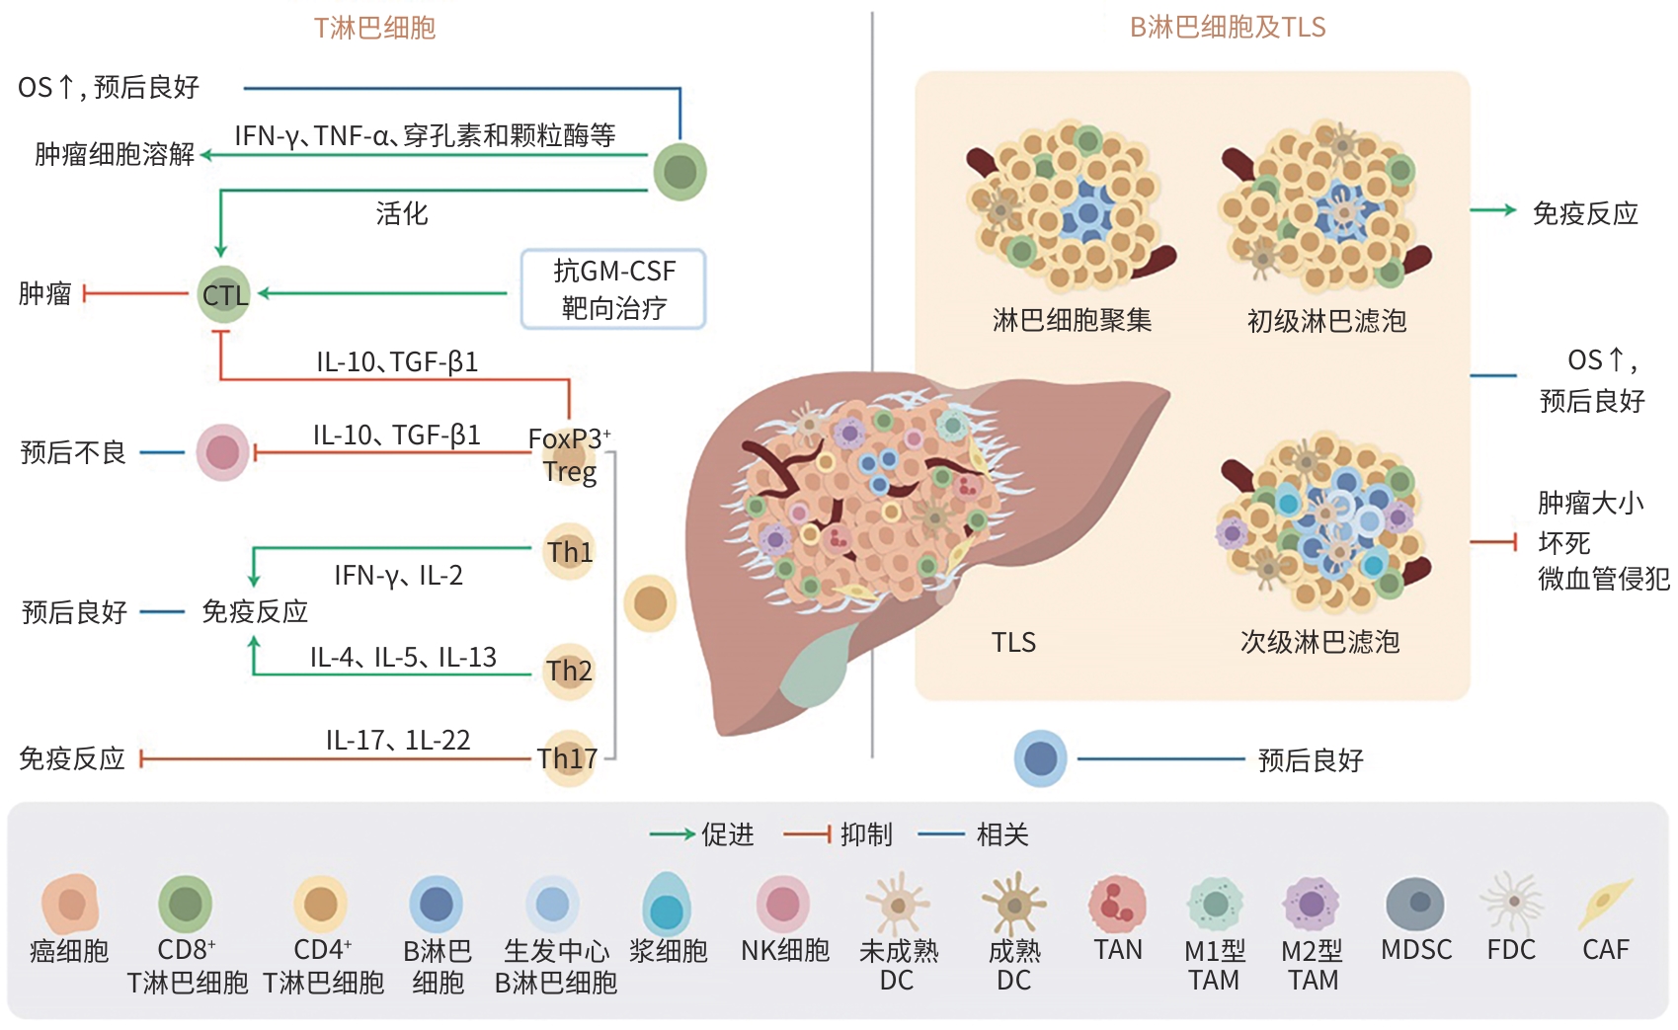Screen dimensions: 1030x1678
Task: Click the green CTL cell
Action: tap(224, 294)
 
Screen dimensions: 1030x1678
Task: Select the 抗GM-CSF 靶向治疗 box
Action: tap(613, 289)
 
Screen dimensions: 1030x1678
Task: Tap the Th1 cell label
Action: tap(570, 552)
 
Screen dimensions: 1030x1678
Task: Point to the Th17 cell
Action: tap(568, 758)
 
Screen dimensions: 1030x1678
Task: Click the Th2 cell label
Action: tap(570, 672)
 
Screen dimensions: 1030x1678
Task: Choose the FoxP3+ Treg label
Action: tap(569, 454)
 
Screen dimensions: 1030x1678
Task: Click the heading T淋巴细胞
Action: tap(374, 28)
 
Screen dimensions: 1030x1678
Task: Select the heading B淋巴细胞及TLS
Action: tap(1227, 28)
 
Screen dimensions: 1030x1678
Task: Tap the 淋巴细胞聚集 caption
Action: tap(1072, 320)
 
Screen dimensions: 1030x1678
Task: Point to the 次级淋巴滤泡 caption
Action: tap(1319, 642)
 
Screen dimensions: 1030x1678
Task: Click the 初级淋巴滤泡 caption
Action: tap(1325, 320)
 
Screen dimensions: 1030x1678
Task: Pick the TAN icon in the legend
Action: tap(1117, 903)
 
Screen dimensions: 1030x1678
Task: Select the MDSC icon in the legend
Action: tap(1415, 903)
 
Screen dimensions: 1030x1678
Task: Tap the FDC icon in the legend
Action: tap(1511, 903)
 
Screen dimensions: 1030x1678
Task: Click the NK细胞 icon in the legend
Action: tap(783, 903)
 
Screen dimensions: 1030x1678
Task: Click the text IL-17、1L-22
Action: tap(398, 740)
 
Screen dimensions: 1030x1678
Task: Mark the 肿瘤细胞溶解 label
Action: tap(115, 154)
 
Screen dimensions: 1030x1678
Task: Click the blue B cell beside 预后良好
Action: tap(1040, 758)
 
